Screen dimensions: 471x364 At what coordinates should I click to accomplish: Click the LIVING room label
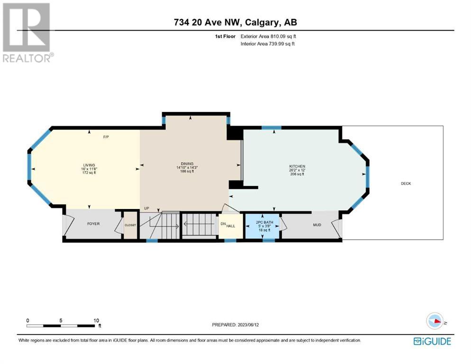coord(89,165)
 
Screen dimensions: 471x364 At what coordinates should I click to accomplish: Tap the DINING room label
coord(187,164)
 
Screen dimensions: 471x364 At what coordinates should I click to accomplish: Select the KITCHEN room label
coord(297,166)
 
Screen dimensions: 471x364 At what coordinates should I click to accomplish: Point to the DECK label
coord(406,183)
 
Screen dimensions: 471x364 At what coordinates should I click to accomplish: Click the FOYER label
coord(93,224)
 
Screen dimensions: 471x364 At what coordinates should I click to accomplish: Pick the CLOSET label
coord(130,225)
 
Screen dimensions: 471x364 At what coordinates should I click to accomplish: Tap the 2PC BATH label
coord(265,222)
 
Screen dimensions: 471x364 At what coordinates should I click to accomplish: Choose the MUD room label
coord(317,225)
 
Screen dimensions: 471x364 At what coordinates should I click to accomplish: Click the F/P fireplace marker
coord(106,137)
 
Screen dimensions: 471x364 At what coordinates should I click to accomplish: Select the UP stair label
coord(147,208)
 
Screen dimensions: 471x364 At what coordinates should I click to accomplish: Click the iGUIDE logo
coord(432,341)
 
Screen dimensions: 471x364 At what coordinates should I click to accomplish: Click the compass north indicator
coord(435,321)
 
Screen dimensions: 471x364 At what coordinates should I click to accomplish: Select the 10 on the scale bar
coord(96,320)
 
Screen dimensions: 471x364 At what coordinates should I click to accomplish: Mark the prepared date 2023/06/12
coord(249,325)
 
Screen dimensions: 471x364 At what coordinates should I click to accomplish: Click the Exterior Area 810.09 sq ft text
coord(268,36)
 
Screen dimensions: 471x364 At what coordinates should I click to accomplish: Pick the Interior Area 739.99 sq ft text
coord(268,44)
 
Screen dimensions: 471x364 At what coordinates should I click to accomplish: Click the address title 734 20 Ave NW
coord(208,22)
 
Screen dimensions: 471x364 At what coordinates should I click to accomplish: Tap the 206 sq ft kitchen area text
coord(297,174)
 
